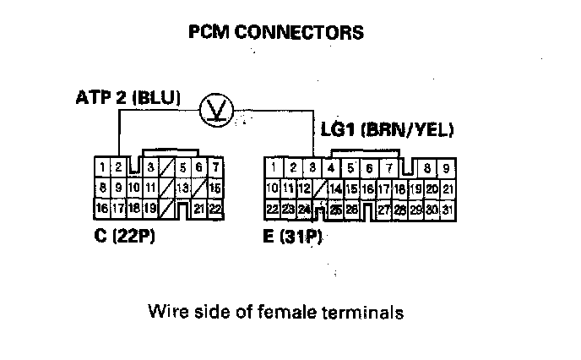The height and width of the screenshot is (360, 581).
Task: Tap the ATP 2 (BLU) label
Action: (127, 98)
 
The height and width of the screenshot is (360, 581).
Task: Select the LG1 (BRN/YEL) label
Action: (388, 130)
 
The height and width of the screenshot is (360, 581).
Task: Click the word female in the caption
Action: (288, 312)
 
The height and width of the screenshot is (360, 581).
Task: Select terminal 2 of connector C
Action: (119, 166)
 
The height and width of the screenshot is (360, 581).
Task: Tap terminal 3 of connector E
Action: (312, 167)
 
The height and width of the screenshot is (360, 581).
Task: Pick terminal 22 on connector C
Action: (214, 208)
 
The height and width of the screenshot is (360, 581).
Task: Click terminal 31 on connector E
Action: (448, 209)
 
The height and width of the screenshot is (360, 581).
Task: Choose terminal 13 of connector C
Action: (182, 187)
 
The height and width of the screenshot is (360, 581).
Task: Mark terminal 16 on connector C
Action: (101, 208)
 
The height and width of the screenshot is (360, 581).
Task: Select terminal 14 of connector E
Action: (336, 188)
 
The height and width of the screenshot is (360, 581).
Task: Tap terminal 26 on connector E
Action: (352, 209)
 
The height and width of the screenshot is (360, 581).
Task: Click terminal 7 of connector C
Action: (215, 166)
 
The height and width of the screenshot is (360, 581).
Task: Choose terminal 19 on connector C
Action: (149, 208)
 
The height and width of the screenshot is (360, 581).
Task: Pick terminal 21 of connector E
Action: (448, 188)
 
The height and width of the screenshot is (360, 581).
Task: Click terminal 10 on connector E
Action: (272, 188)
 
